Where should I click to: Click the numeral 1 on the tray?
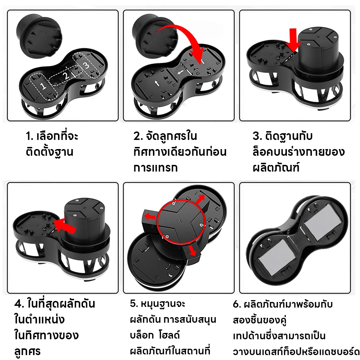[43, 86]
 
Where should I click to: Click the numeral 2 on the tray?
[66, 76]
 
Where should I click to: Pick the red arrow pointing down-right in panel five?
[192, 251]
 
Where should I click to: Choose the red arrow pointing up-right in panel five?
[200, 199]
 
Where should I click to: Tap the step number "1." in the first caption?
[30, 136]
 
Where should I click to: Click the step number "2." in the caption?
[139, 136]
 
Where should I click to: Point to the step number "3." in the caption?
[257, 136]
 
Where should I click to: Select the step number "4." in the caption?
[19, 304]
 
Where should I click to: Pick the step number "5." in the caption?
[134, 303]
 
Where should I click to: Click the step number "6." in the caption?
[237, 304]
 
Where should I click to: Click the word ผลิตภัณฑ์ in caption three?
[276, 168]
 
